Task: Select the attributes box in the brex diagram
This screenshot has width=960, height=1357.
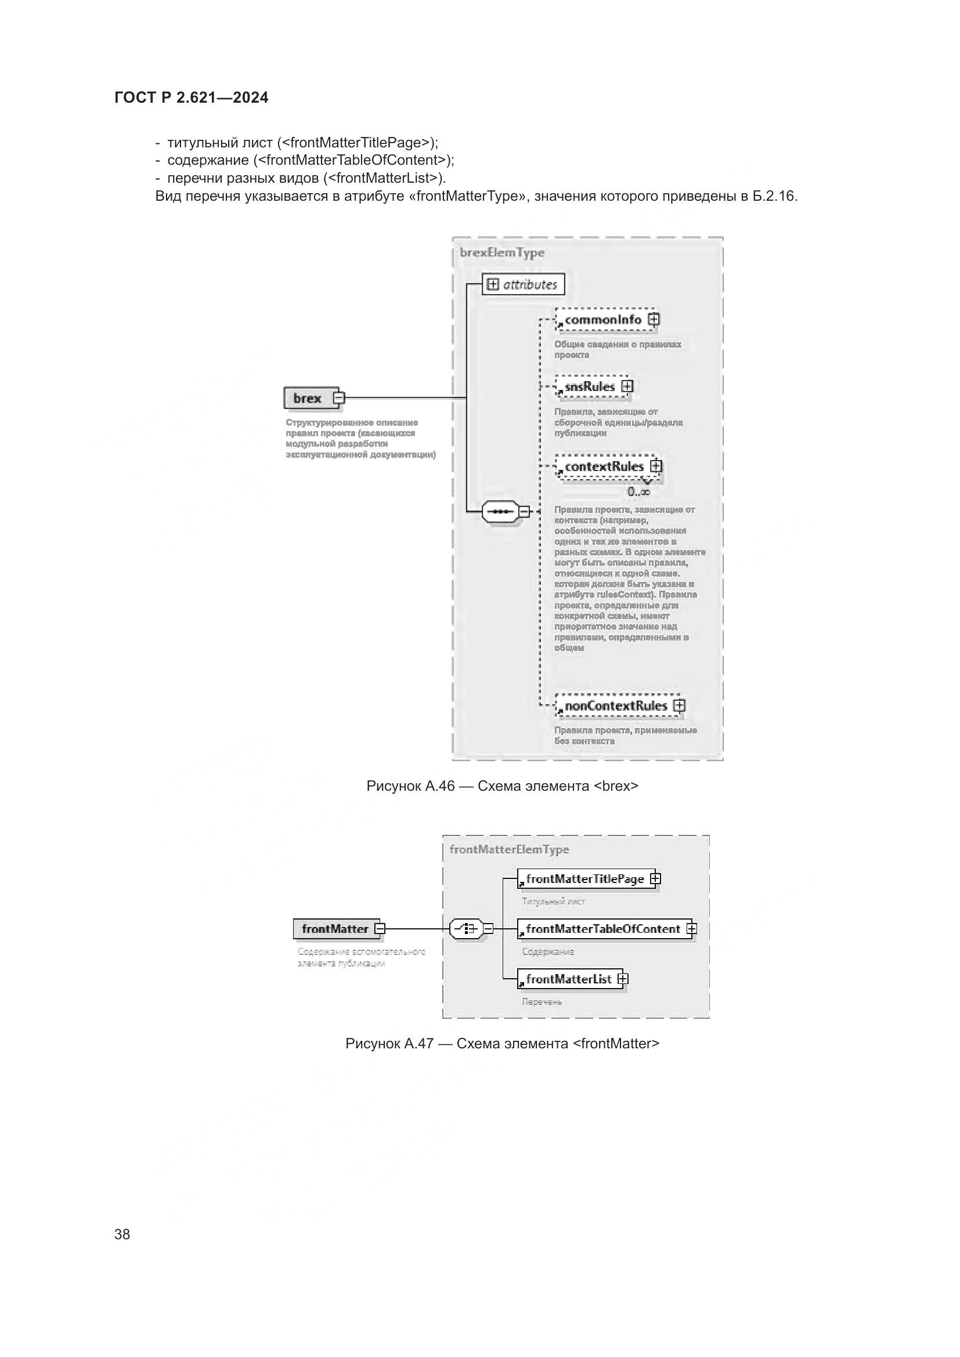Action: tap(523, 284)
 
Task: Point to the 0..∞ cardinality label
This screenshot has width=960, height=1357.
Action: tap(639, 492)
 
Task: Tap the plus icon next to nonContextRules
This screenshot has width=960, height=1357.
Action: tap(679, 705)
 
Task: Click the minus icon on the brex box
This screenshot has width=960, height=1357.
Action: tap(338, 399)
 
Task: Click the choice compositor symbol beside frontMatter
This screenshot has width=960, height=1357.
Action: tap(467, 929)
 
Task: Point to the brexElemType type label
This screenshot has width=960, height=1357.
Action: tap(502, 253)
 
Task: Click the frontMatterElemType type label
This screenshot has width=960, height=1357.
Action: tap(509, 849)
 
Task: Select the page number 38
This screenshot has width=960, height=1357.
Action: tap(122, 1235)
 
